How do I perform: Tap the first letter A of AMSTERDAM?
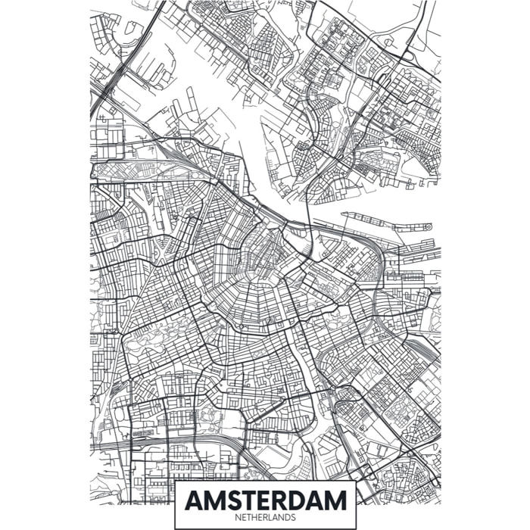(194, 500)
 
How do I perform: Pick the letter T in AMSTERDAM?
(251, 500)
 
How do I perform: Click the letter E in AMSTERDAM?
(267, 500)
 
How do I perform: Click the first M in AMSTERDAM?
(214, 500)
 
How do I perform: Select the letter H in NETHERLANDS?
(254, 518)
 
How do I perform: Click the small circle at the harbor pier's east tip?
(428, 226)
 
